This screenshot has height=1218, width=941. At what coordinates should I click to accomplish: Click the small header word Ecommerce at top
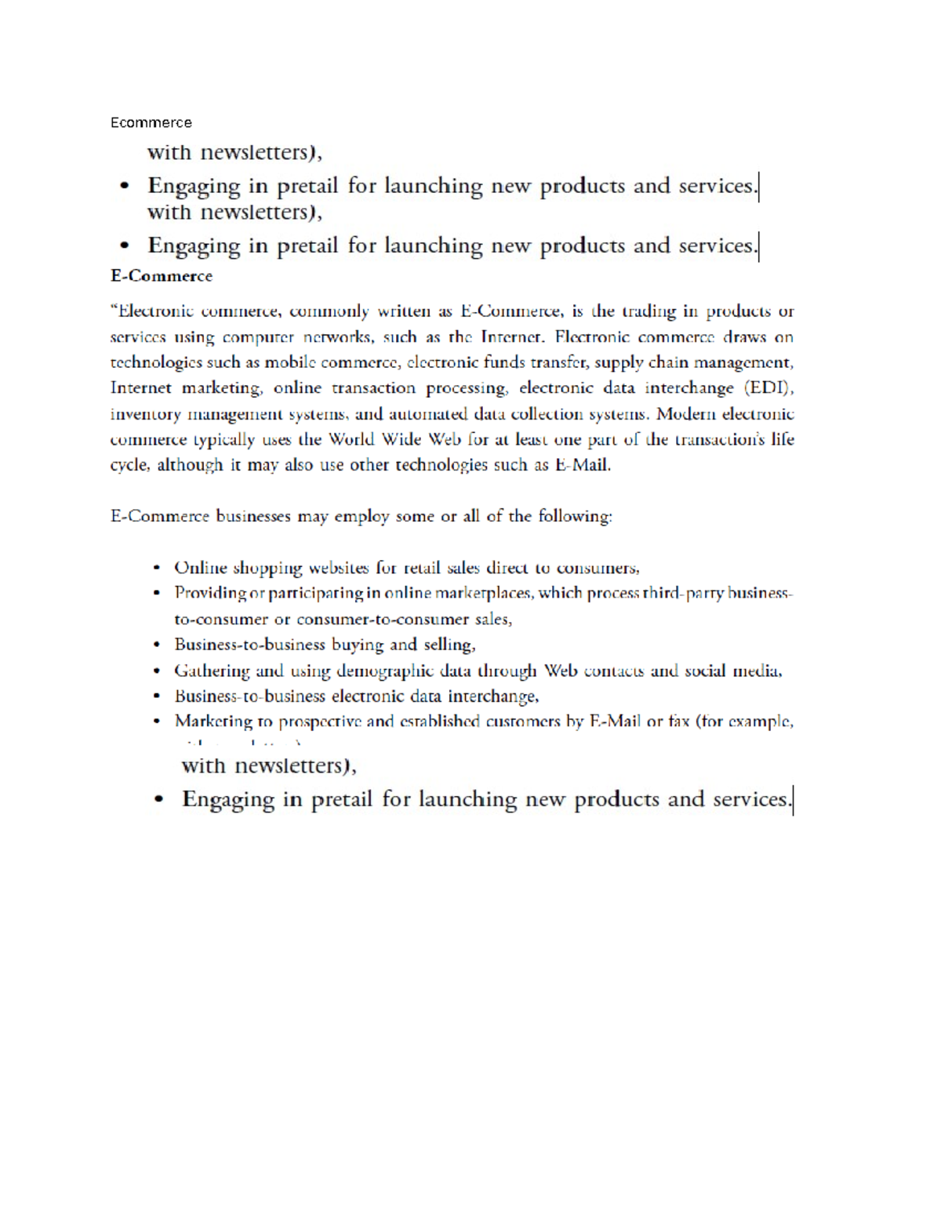pos(151,122)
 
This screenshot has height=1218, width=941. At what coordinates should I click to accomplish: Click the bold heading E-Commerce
pos(162,276)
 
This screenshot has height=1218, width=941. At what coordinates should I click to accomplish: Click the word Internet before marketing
pos(140,388)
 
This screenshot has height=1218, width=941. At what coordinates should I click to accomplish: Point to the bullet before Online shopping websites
pos(158,568)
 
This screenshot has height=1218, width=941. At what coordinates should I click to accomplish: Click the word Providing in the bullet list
pos(210,594)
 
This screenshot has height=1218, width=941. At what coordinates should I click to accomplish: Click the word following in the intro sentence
pos(575,517)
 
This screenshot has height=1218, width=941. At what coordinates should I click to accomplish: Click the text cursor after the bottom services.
pos(794,801)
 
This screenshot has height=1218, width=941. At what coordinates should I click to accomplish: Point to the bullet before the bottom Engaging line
pos(159,800)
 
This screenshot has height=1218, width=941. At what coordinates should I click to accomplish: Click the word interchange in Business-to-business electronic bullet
pos(492,696)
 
